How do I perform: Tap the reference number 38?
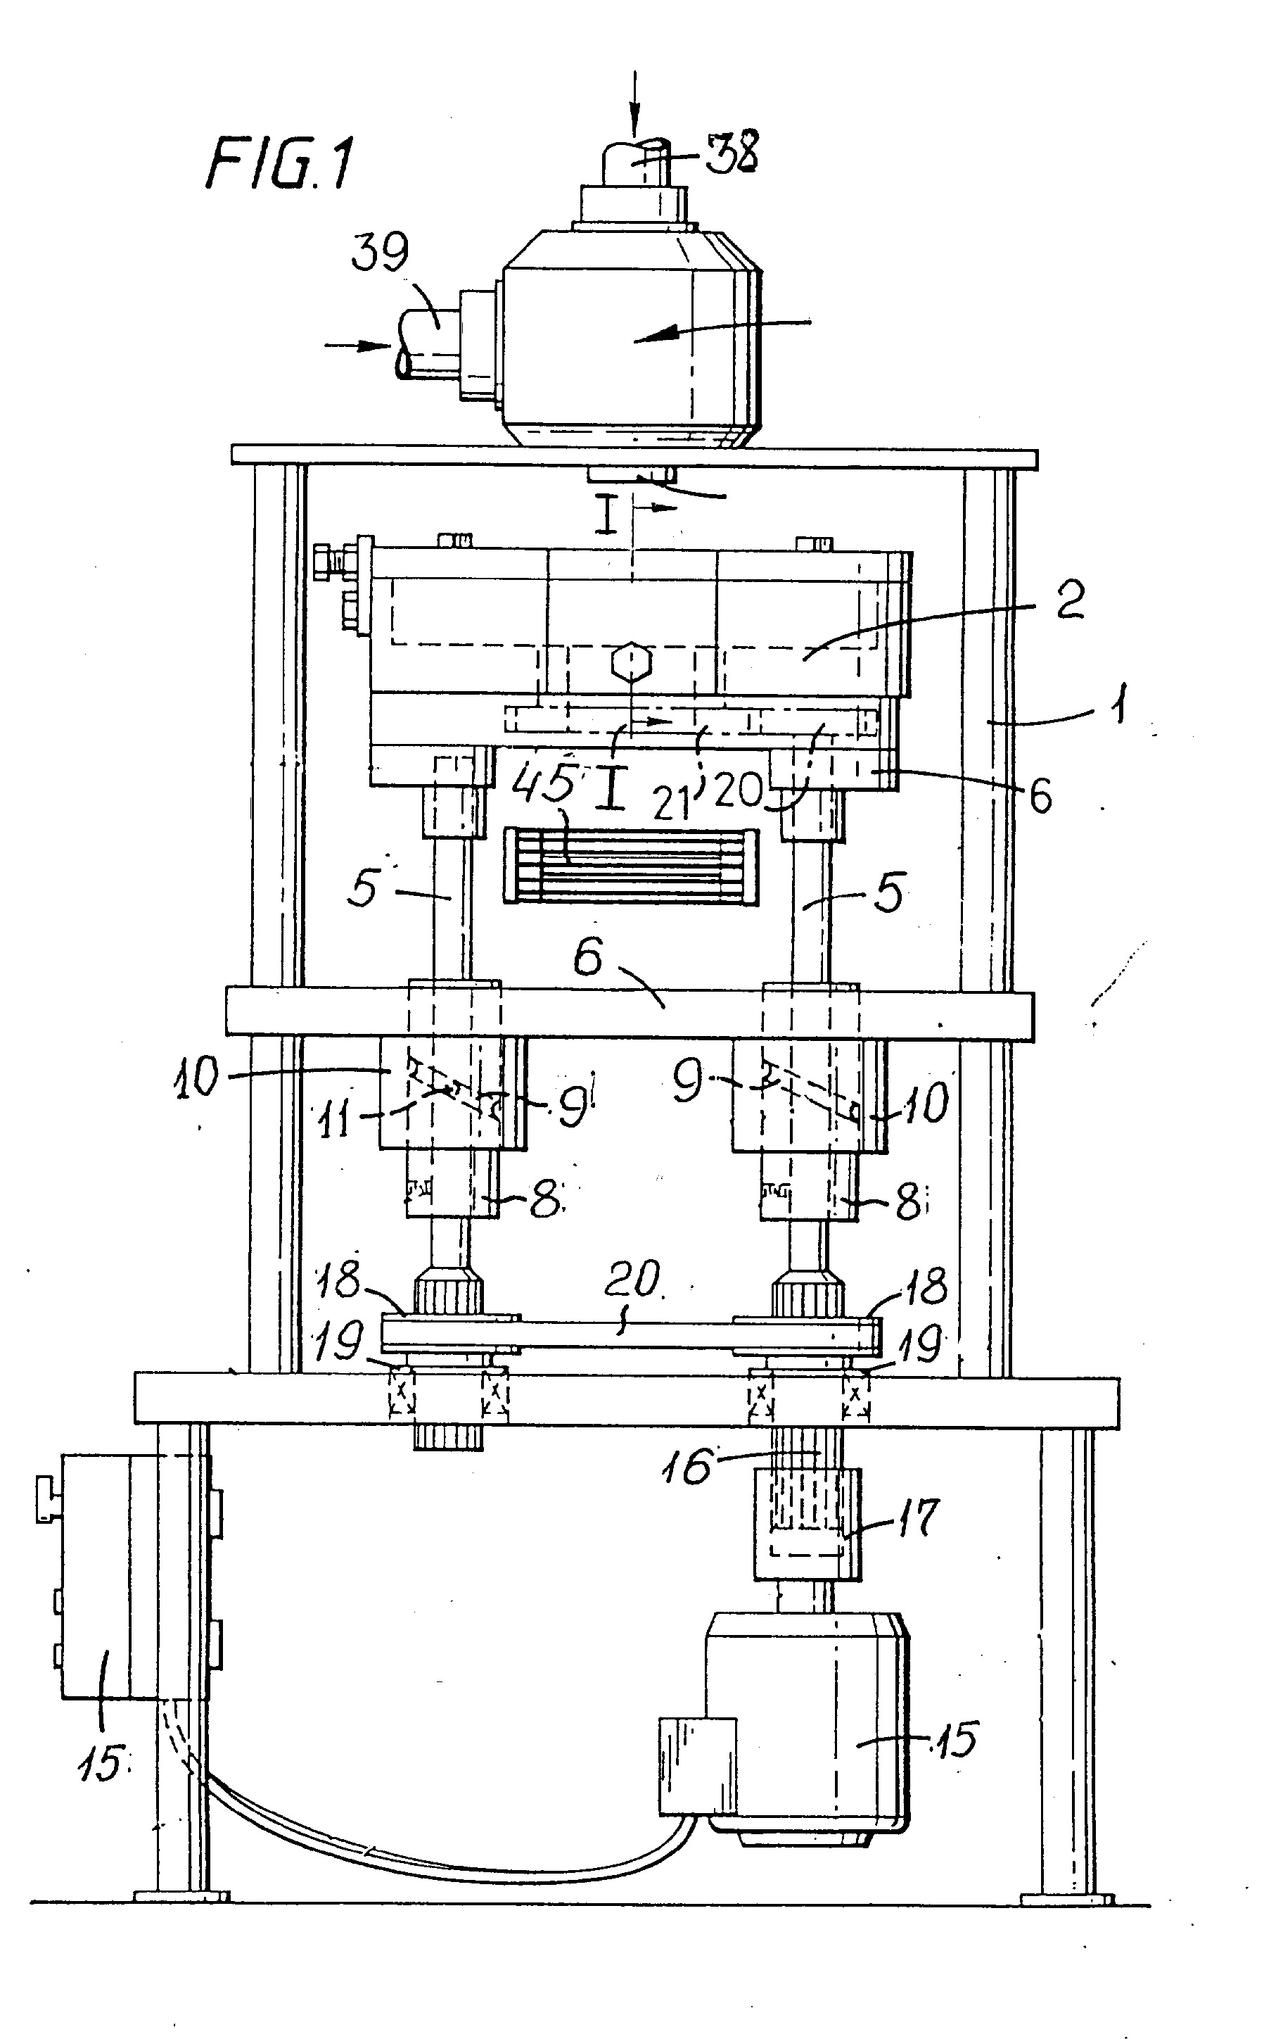point(732,152)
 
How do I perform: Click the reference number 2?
point(1070,600)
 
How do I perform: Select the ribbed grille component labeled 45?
point(632,867)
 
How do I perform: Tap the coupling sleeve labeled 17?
point(807,1523)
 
